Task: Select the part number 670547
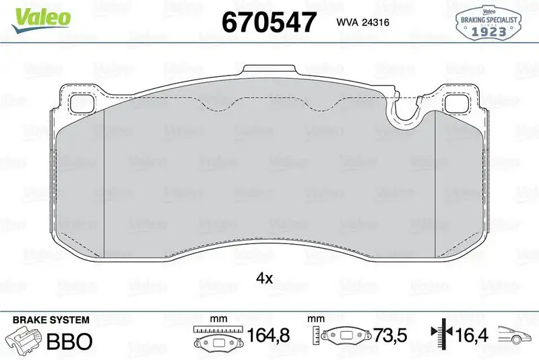[x=269, y=22]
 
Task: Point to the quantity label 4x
[x=263, y=278]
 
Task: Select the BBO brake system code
[x=69, y=341]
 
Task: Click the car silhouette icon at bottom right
[x=516, y=334]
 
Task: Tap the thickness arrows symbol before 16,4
[x=439, y=334]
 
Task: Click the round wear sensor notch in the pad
[x=406, y=115]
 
